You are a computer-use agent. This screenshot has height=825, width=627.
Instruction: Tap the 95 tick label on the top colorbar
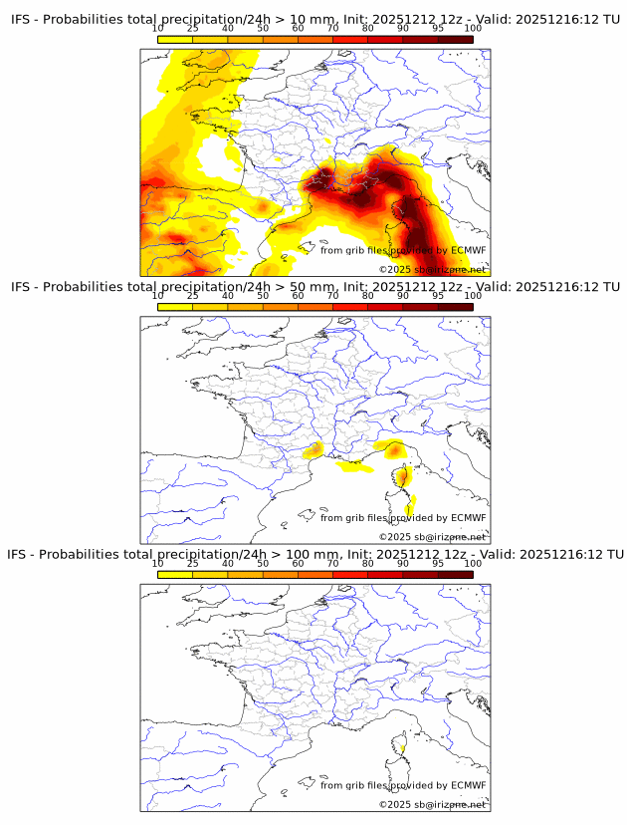[438, 29]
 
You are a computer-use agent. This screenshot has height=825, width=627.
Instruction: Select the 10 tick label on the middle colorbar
[157, 296]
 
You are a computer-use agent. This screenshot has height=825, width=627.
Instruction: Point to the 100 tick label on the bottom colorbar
[473, 563]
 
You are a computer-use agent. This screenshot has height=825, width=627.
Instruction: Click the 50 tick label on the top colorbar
[263, 29]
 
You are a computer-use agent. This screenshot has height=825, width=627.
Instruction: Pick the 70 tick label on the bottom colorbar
[332, 563]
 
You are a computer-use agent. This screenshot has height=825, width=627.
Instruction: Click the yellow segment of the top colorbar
[175, 40]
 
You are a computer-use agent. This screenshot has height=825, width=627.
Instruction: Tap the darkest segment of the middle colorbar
[455, 307]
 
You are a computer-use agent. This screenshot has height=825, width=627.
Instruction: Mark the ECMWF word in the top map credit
[468, 250]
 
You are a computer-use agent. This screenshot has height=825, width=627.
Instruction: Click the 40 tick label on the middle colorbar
[228, 296]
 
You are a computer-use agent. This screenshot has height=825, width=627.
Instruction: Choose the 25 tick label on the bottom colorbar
[192, 563]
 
